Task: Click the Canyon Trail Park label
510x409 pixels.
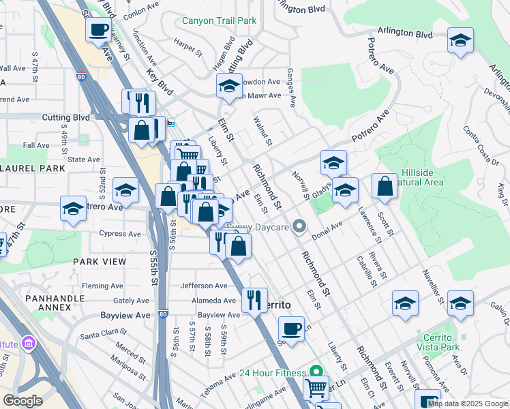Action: pyautogui.click(x=219, y=20)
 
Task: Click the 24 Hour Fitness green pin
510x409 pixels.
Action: pyautogui.click(x=316, y=372)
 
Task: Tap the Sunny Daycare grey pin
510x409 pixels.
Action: pyautogui.click(x=299, y=227)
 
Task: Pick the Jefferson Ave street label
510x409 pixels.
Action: pyautogui.click(x=203, y=286)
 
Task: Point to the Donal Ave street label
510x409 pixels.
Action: pyautogui.click(x=327, y=231)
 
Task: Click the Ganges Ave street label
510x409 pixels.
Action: pyautogui.click(x=291, y=88)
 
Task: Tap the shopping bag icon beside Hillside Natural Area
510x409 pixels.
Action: pyautogui.click(x=385, y=187)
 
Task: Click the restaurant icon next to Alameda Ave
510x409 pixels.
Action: pyautogui.click(x=254, y=299)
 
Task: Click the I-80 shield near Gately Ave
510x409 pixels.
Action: pyautogui.click(x=162, y=314)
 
